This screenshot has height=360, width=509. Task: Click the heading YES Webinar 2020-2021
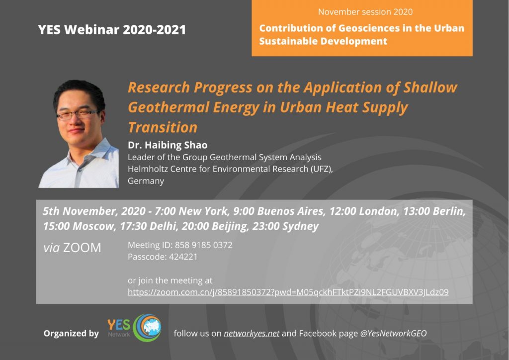click(x=112, y=29)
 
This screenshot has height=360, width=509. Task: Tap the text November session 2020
click(x=365, y=12)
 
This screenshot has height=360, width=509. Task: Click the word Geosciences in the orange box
click(x=369, y=28)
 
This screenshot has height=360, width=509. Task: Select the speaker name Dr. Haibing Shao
click(x=168, y=145)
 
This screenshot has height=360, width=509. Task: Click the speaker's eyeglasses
click(x=77, y=114)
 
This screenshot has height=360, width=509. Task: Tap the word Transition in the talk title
click(x=163, y=127)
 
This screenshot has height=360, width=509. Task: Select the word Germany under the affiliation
click(x=146, y=181)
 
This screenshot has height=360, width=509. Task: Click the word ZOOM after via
click(x=82, y=248)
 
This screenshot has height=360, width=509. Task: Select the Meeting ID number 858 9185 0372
click(x=203, y=245)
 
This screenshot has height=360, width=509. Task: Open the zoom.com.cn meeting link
click(x=288, y=292)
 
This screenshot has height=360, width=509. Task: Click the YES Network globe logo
click(x=148, y=328)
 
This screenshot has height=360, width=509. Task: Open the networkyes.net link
click(x=252, y=333)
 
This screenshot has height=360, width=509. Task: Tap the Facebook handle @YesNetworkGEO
click(x=394, y=333)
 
